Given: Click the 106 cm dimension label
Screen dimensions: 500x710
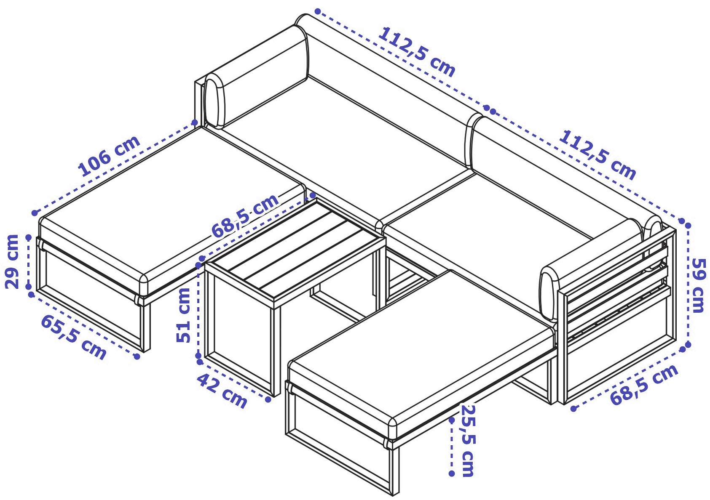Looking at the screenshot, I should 109,156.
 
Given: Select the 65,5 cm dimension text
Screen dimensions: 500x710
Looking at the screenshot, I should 73,337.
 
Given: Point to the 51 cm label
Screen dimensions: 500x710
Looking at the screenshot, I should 184,315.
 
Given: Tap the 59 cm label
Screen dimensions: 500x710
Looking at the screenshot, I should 699,285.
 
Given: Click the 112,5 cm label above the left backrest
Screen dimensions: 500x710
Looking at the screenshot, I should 417,52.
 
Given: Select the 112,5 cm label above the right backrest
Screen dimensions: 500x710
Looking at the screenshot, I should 597,155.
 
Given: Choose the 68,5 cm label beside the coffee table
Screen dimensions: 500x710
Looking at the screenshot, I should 245,216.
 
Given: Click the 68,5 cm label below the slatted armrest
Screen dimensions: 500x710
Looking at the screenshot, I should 643,385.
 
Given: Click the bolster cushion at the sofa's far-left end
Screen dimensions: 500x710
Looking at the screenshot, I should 215,101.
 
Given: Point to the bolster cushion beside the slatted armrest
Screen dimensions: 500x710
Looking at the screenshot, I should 549,295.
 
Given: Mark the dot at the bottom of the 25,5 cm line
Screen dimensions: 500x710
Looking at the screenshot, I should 451,473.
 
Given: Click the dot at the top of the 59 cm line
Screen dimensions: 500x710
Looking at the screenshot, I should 688,225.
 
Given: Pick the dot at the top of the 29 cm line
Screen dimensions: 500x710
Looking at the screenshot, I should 29,237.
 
